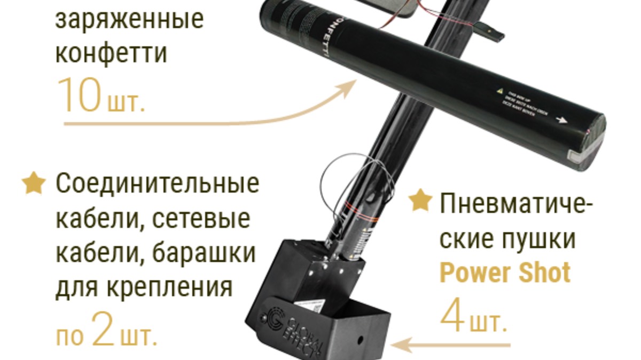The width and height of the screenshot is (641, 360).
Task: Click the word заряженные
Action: pyautogui.click(x=129, y=20)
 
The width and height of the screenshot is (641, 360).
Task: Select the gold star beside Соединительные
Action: pyautogui.click(x=33, y=183)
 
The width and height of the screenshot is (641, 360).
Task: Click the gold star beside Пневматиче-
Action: pyautogui.click(x=420, y=201)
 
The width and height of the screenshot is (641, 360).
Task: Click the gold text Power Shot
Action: pyautogui.click(x=505, y=273)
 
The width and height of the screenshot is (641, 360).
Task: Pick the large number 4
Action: pyautogui.click(x=452, y=315)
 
